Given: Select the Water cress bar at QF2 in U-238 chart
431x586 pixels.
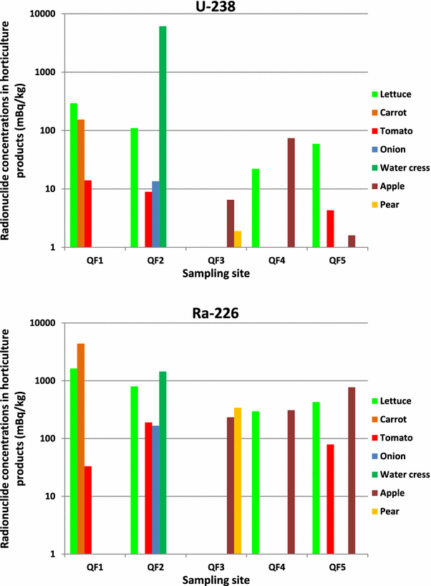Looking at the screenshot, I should pyautogui.click(x=163, y=136).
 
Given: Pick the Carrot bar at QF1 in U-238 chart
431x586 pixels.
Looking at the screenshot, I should pyautogui.click(x=81, y=183).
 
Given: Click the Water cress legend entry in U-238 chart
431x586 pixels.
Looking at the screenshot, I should pyautogui.click(x=400, y=168).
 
